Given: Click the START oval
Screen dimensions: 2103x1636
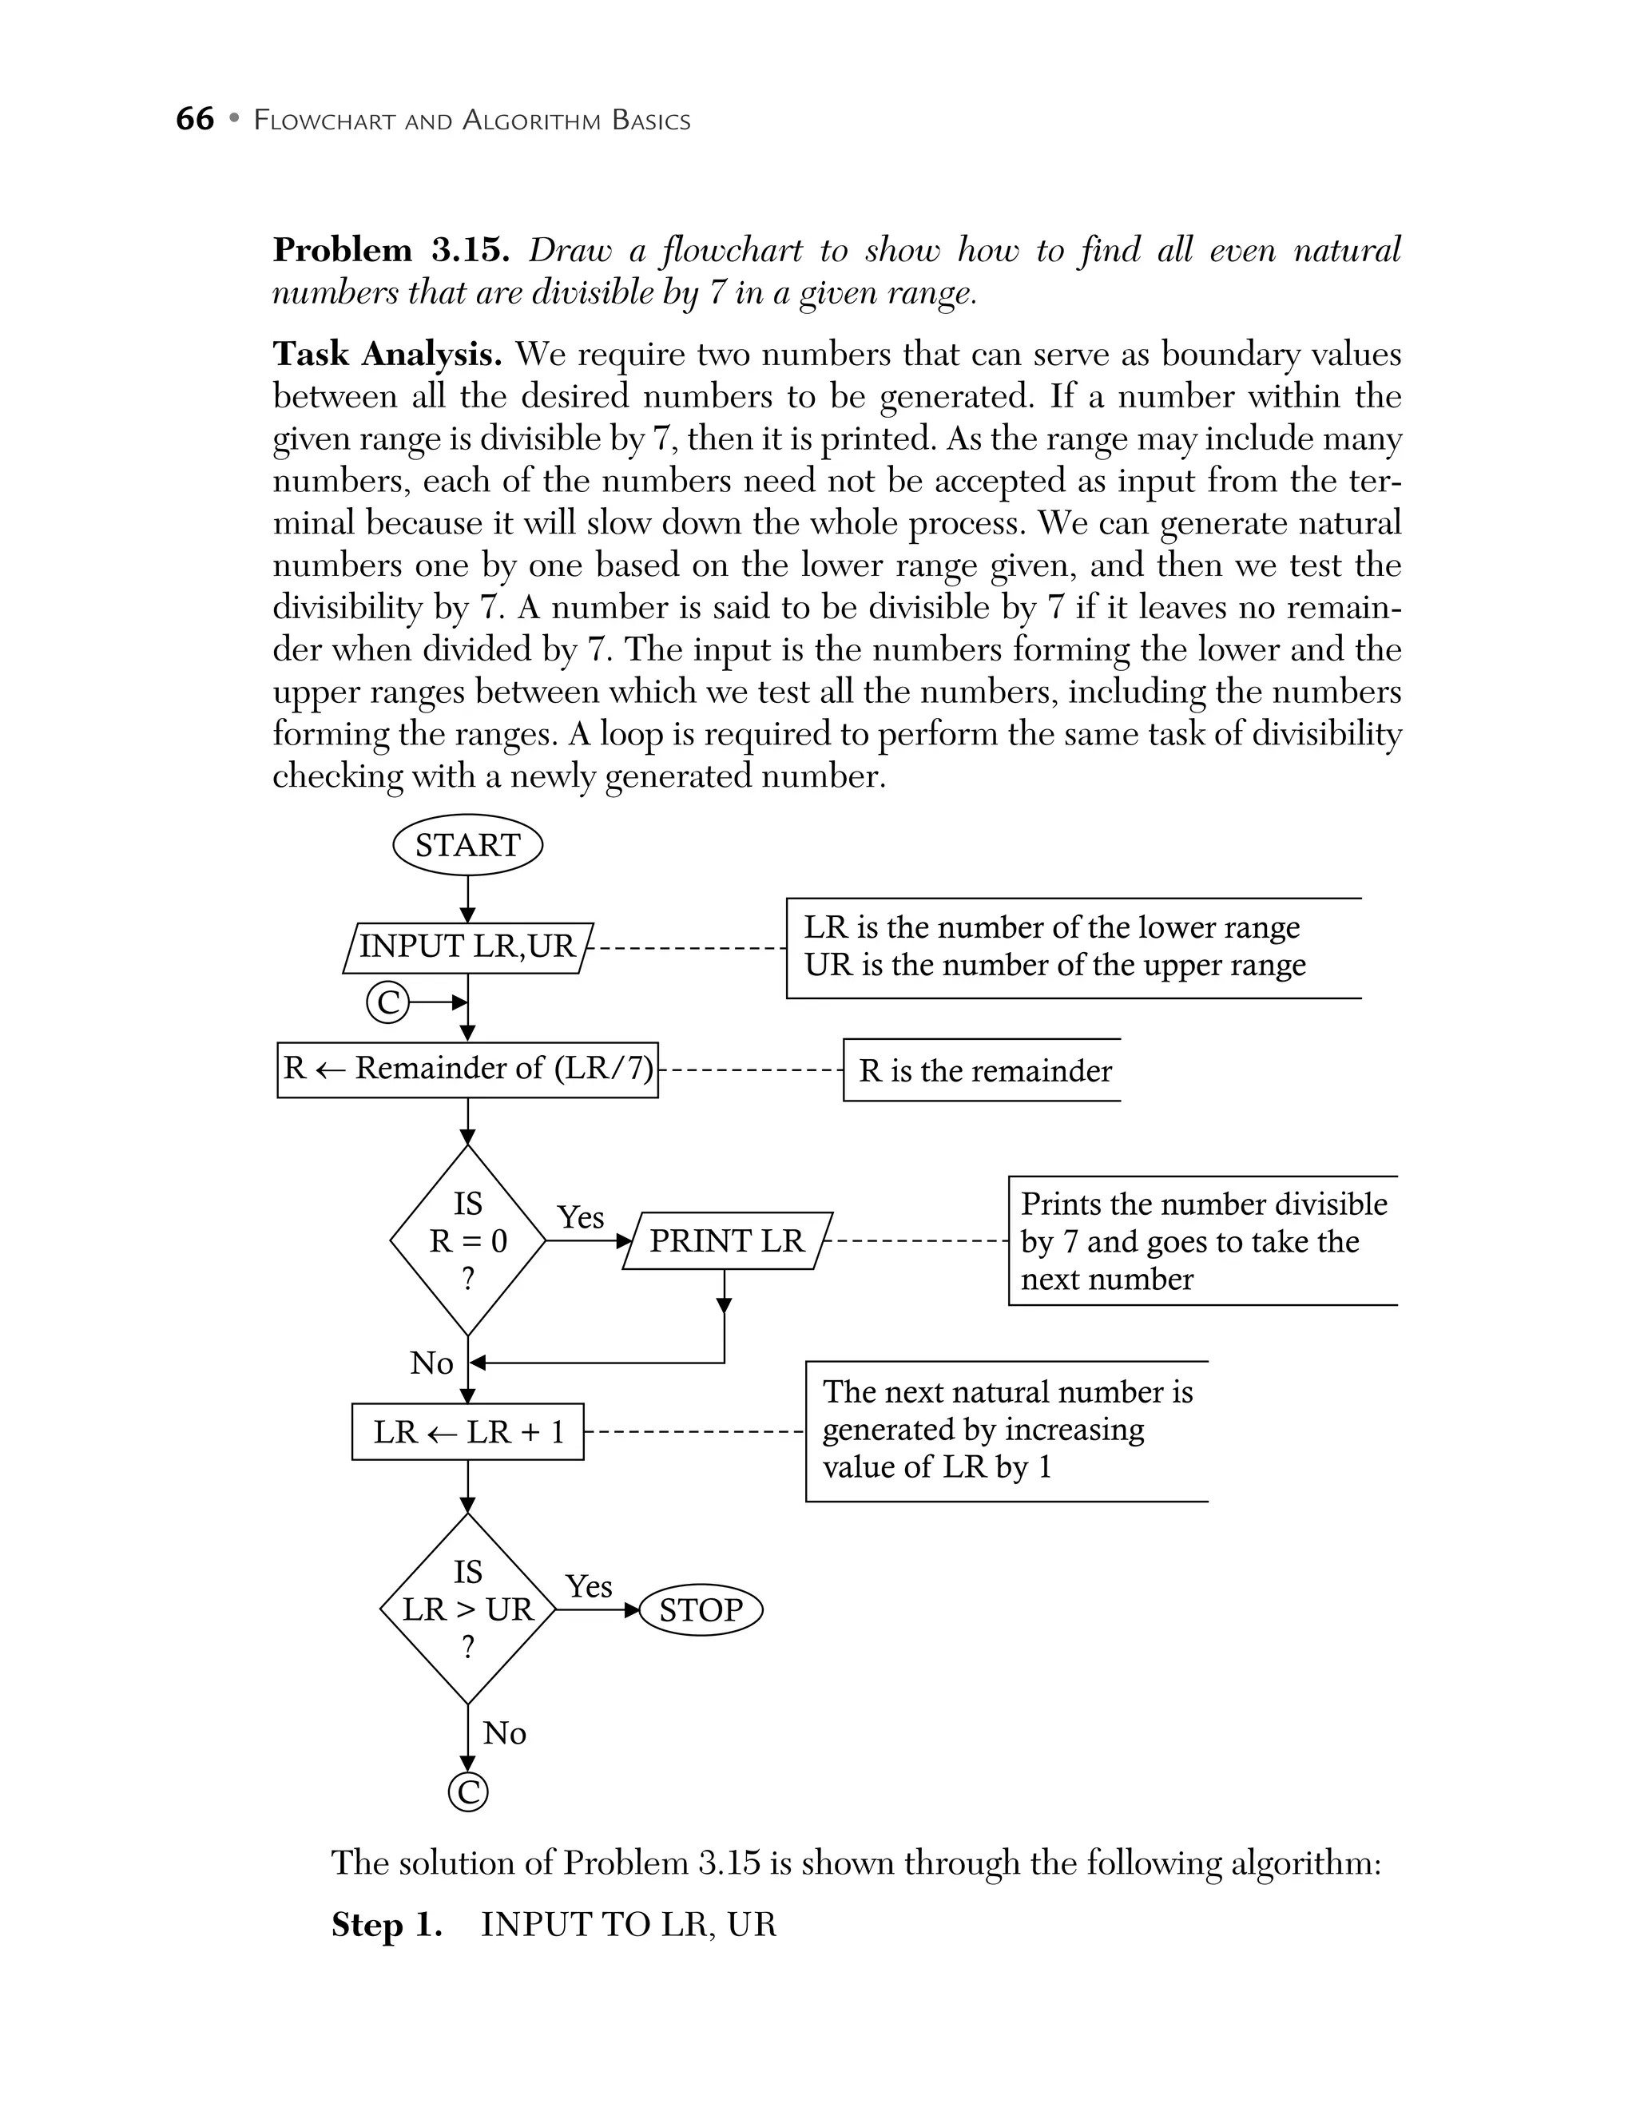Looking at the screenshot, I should (468, 846).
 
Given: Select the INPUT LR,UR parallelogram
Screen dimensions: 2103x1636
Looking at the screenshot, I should (468, 946).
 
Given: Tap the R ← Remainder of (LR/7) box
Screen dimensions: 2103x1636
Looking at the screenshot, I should (468, 1069).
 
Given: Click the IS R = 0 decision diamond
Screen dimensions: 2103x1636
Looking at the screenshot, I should (468, 1240).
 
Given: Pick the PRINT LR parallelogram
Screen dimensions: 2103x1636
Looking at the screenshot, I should (727, 1240).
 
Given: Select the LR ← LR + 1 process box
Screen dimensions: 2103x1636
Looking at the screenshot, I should (468, 1432).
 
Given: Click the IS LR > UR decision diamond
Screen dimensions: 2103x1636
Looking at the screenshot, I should (468, 1609).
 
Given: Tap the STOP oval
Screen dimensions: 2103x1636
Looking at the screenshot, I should (701, 1610).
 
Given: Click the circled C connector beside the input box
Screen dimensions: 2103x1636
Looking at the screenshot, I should (388, 1003).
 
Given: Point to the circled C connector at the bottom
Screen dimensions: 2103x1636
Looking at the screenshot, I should (468, 1792).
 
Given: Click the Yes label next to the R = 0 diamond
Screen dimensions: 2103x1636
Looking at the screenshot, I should (581, 1217).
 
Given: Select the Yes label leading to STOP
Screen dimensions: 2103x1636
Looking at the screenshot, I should (589, 1586).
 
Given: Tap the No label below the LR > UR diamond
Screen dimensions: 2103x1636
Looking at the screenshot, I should (505, 1733).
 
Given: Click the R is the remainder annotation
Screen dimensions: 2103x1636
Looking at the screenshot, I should (984, 1071).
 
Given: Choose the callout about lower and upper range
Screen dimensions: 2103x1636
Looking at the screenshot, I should (1054, 946).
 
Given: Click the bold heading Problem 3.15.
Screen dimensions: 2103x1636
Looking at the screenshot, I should (390, 250).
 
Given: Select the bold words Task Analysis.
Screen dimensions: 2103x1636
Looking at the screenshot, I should (387, 355).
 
